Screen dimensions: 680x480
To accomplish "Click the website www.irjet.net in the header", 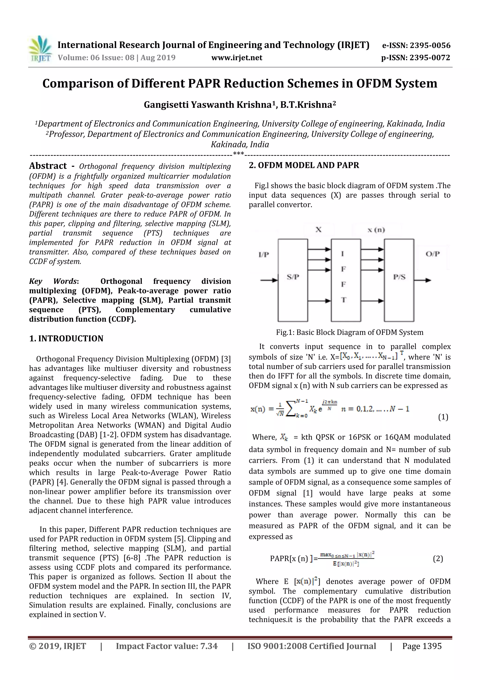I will pos(236,58).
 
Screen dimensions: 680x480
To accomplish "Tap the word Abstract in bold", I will pos(48,166).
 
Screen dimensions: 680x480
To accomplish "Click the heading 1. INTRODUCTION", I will pos(66,338).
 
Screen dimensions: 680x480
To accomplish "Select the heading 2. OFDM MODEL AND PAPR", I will pos(304,165).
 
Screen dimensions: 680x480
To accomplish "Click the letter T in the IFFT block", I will pos(343,300).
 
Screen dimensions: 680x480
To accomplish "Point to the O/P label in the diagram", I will pos(432,254).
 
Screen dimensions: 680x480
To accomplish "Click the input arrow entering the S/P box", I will pos(269,280).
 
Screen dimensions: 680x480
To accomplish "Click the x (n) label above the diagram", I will pos(376,230).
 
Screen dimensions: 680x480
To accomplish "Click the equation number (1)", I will pos(443,417).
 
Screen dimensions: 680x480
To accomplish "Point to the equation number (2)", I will pos(438,559).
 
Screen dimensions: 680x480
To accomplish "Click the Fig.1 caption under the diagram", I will pos(350,332).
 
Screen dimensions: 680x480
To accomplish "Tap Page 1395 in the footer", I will pos(422,646).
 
